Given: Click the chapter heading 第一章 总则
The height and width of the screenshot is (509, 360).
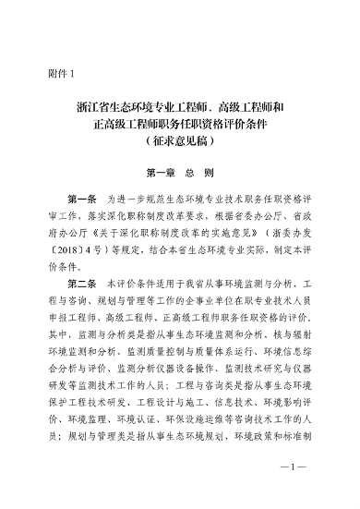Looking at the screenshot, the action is (180, 172).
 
